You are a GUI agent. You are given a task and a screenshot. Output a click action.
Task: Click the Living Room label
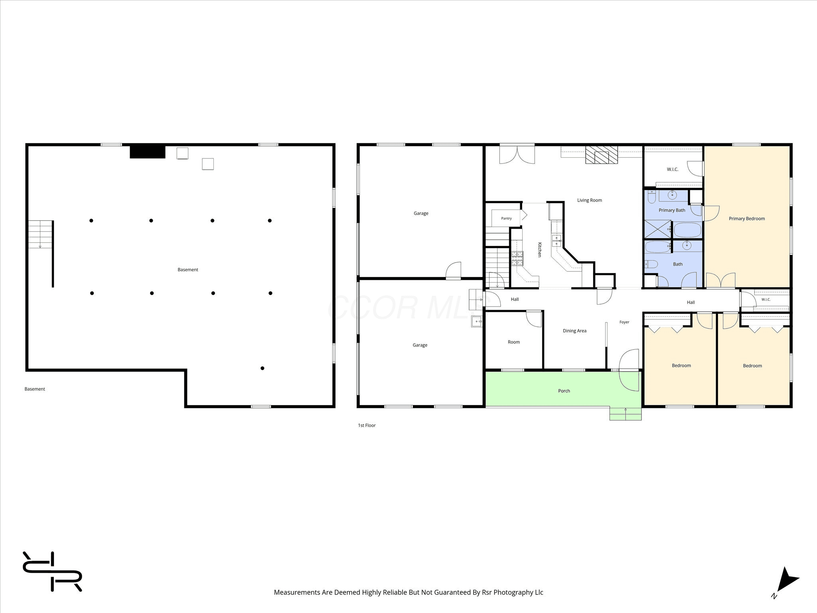click(x=589, y=200)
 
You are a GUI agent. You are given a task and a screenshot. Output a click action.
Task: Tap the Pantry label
click(x=506, y=218)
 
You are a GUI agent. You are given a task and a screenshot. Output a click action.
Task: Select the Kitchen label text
click(x=539, y=249)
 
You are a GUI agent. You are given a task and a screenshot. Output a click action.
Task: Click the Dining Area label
click(x=574, y=331)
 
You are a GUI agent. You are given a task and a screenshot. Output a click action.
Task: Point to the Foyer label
click(x=624, y=322)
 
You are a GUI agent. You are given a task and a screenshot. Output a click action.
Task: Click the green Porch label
click(x=564, y=391)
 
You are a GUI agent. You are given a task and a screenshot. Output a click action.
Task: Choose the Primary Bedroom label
click(x=747, y=219)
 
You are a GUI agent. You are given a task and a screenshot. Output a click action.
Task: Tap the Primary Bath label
click(x=672, y=210)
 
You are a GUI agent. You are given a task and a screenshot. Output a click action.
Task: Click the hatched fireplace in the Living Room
click(x=601, y=155)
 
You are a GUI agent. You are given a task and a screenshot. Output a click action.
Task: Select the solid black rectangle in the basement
click(x=148, y=152)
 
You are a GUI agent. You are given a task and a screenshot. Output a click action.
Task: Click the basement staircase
click(x=40, y=234)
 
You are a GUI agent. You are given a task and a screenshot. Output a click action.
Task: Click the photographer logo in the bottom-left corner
click(x=52, y=571)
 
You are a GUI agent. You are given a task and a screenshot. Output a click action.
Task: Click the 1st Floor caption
click(x=367, y=425)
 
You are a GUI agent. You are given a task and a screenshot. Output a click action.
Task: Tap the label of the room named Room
click(x=514, y=342)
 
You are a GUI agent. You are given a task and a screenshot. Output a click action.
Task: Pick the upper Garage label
click(x=421, y=214)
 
